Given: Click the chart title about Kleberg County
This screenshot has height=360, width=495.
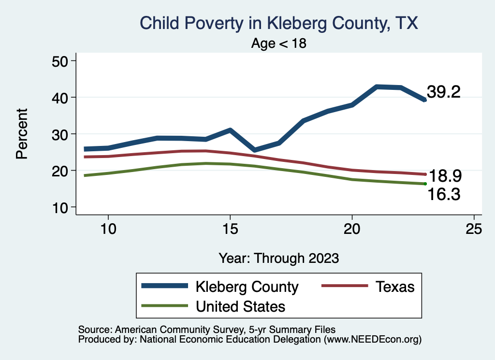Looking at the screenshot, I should (x=278, y=23).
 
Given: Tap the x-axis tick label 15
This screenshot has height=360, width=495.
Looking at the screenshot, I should (x=230, y=229).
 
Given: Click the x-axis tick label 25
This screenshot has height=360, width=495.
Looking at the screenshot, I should (x=474, y=229).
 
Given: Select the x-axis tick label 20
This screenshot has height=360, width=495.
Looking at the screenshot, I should (x=352, y=229).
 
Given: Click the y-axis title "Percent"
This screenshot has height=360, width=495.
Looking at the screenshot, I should (x=21, y=134).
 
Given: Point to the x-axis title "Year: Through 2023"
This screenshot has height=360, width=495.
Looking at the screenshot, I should (x=278, y=258).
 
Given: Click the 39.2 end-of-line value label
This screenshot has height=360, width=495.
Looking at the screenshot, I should (x=443, y=92).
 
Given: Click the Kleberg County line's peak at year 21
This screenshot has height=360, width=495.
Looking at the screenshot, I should (x=377, y=87).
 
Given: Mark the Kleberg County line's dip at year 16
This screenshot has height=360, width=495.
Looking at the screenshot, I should (x=254, y=150).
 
